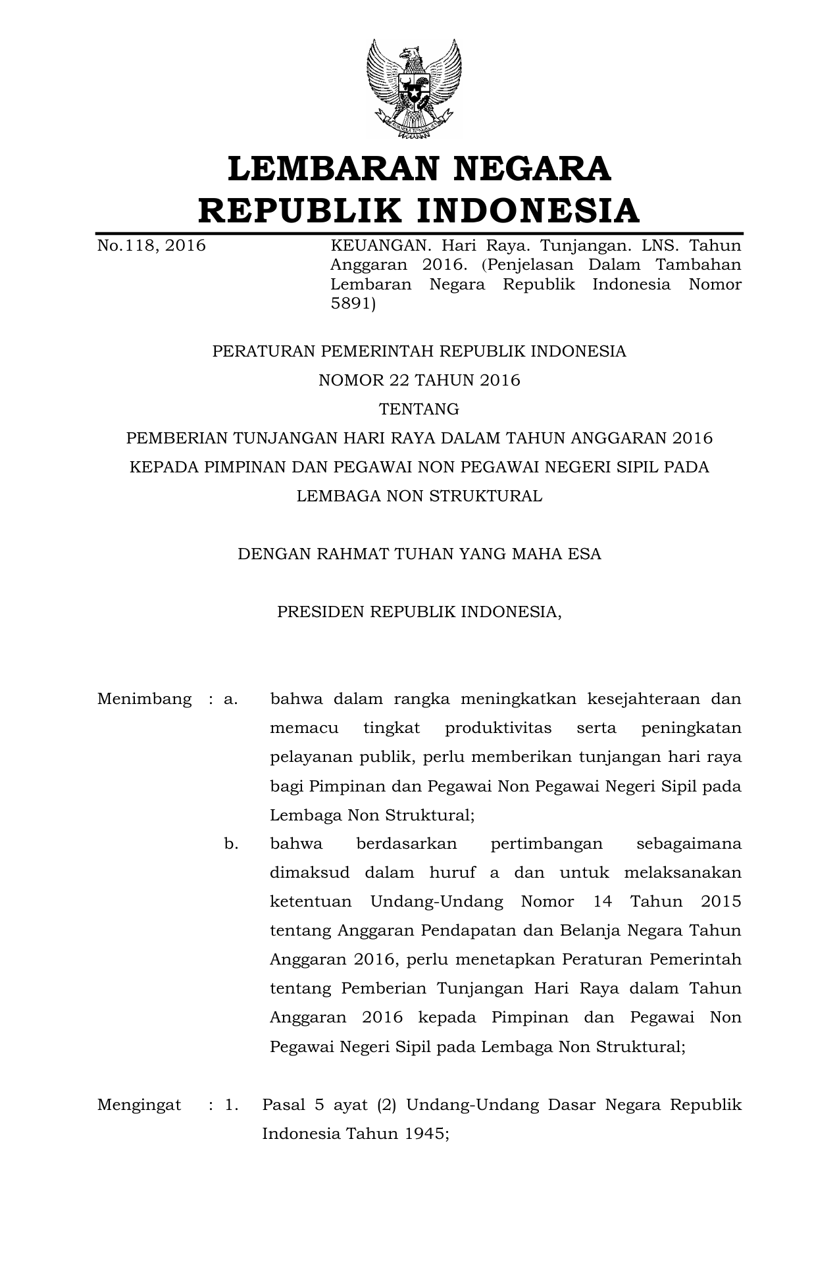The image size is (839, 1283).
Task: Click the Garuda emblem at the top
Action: pos(414,89)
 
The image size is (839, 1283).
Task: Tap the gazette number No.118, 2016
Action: pos(151,246)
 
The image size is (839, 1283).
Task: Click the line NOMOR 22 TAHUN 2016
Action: pos(419,380)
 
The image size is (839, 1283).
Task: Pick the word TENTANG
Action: pos(419,409)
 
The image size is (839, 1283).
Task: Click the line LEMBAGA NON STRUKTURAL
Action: pos(419,496)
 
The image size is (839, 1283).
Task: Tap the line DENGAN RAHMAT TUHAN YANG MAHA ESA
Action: pos(419,554)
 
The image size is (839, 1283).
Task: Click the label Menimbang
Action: pos(145,699)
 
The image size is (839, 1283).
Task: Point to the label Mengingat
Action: pos(139,1105)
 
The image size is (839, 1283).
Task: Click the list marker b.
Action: pos(231,843)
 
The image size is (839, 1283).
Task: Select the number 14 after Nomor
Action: pos(602,901)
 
